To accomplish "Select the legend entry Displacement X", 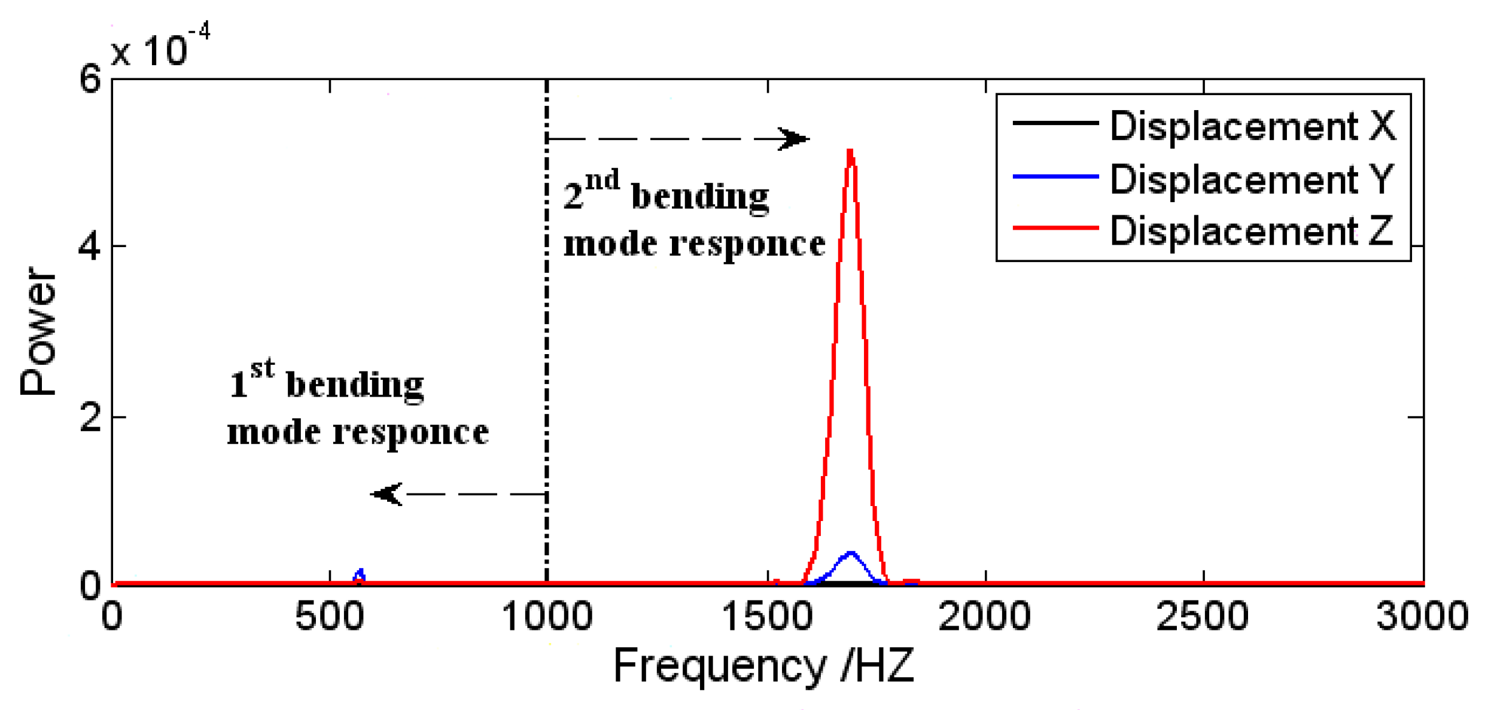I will coord(1252,126).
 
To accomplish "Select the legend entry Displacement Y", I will coord(1252,178).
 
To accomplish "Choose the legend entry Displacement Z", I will coord(1252,230).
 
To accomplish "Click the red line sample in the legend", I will coord(1055,228).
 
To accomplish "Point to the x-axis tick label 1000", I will coord(547,616).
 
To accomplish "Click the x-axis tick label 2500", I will coord(1203,616).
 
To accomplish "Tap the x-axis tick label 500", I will coord(330,616).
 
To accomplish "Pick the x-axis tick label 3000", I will coord(1422,616).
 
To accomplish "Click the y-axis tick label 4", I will coord(90,246).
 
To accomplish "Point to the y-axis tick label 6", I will coord(90,78).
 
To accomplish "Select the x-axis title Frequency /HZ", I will coord(764,665).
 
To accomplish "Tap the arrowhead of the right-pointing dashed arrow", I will coord(796,139).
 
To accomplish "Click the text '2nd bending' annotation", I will coord(666,193).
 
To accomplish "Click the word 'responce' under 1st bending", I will coord(410,432).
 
